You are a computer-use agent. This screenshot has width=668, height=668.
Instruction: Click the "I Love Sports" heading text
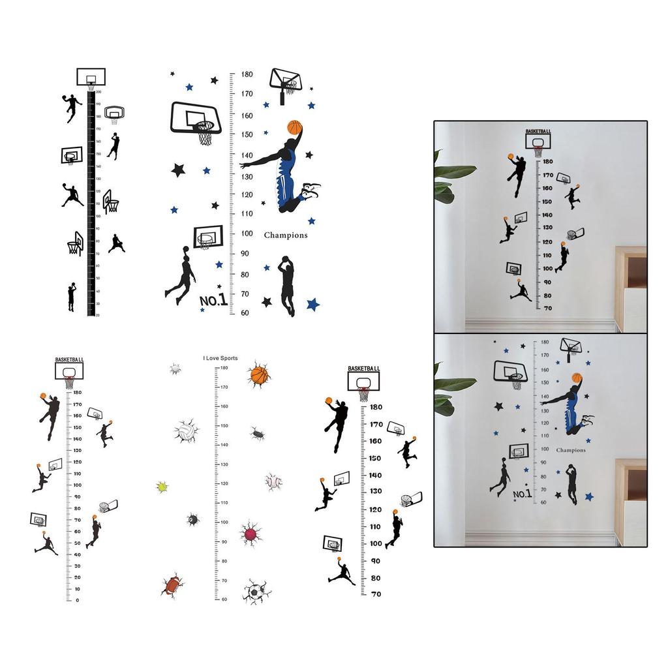tap(220, 358)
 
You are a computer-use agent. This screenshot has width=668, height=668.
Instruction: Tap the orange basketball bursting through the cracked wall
tap(259, 375)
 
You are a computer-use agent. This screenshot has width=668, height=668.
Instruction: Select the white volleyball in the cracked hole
tap(185, 431)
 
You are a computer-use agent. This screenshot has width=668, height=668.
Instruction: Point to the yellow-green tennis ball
tap(162, 487)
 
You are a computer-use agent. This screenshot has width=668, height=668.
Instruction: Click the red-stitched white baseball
tap(273, 481)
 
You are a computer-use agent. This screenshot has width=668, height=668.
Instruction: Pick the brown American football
tap(172, 585)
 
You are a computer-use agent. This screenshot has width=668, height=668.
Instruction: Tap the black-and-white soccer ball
tap(255, 592)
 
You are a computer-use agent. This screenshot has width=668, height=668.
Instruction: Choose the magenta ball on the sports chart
tap(250, 534)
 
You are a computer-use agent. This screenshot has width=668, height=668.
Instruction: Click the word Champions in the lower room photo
tap(571, 450)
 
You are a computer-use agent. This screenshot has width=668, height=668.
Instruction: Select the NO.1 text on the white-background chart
tap(213, 300)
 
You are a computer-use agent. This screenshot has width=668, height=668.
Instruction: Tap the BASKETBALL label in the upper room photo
tap(538, 131)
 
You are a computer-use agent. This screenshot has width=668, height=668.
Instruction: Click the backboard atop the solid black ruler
tap(91, 77)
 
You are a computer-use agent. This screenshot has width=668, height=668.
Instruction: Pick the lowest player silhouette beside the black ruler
tap(71, 297)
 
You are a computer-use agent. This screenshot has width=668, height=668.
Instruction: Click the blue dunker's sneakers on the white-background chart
tap(311, 190)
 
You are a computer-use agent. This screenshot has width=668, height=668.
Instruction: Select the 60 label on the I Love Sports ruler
tap(224, 600)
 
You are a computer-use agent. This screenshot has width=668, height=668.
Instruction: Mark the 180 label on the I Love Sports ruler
tap(224, 368)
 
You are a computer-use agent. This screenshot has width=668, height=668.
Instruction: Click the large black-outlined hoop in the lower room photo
tap(510, 372)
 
